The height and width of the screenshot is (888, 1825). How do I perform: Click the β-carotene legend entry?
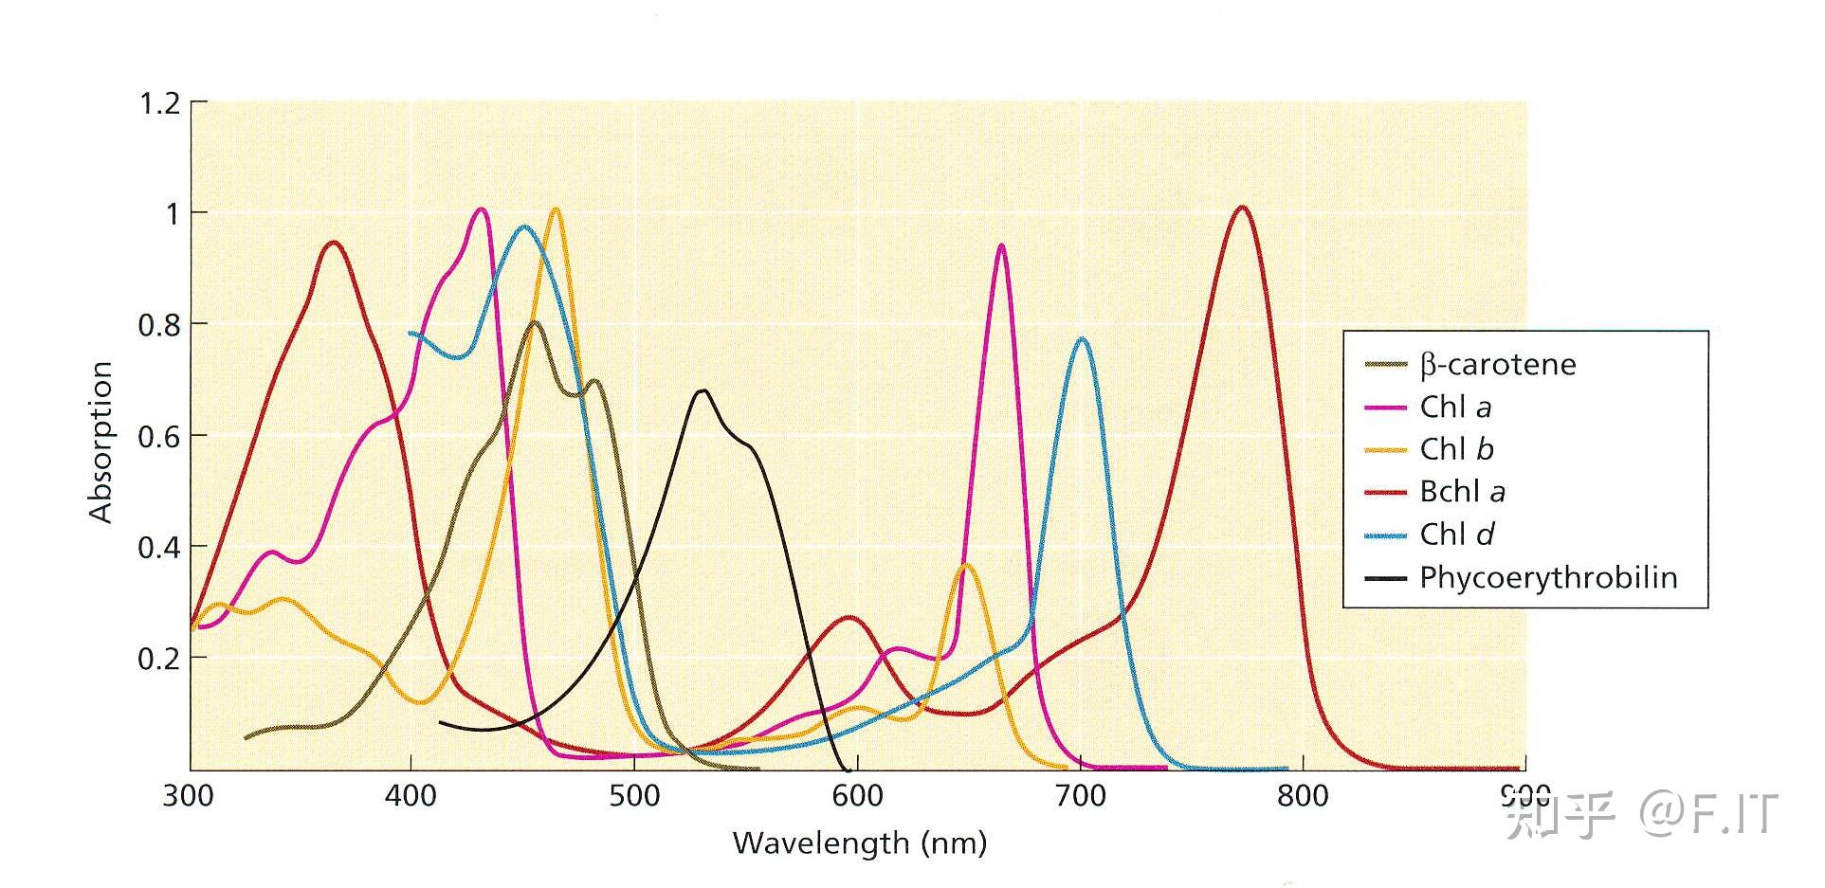pos(1497,365)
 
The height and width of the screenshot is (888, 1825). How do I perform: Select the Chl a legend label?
pos(1455,408)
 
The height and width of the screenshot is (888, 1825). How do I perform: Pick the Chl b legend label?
pos(1456,449)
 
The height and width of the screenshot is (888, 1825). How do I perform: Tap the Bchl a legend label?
pos(1462,492)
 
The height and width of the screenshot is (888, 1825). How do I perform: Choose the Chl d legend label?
pos(1456,535)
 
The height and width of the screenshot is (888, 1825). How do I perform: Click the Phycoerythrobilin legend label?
pos(1547,577)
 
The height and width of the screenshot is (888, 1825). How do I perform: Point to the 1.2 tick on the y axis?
pos(159,102)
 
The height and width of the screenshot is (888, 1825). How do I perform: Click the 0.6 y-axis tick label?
pos(159,437)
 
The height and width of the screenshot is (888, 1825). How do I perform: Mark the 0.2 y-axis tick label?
pos(159,659)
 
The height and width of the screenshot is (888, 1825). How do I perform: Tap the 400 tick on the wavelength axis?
pos(411,796)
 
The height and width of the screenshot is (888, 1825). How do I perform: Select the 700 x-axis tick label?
pos(1080,796)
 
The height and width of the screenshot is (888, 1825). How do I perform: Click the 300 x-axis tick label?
pos(189,796)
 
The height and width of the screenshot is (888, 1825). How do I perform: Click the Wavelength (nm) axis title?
pos(859,843)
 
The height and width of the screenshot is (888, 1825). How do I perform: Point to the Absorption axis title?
pos(100,442)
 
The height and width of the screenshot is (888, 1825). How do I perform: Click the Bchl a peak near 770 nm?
pos(1242,208)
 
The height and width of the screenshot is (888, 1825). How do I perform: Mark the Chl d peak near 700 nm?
pos(1082,339)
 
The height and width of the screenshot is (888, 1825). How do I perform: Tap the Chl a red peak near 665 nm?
pos(1001,246)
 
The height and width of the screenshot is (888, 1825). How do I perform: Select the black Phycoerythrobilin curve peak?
pos(703,390)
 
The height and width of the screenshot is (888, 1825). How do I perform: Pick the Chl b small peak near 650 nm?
pos(966,565)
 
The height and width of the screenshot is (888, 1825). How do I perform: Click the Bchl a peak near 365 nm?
pos(334,243)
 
